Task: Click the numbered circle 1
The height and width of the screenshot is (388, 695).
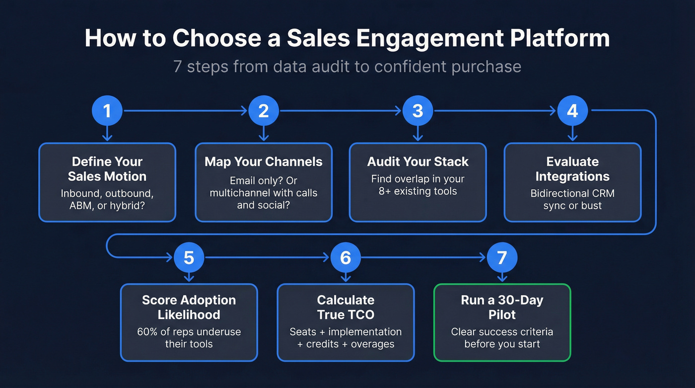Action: [107, 110]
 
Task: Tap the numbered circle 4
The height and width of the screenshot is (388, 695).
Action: [572, 110]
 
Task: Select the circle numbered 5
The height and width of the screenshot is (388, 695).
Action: [189, 257]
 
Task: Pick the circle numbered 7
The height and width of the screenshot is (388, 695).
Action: [502, 257]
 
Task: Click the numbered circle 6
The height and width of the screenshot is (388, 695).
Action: [345, 257]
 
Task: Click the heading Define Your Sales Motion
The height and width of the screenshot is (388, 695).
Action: [107, 169]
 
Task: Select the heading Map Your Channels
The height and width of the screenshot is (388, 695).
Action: [264, 161]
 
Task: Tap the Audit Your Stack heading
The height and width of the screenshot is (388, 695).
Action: [418, 161]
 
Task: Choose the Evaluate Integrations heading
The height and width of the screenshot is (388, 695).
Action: [572, 169]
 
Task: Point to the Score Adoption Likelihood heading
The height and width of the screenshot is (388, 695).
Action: [189, 307]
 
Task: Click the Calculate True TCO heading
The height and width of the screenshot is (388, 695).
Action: [345, 307]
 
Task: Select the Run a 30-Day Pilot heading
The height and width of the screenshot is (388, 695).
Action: [502, 307]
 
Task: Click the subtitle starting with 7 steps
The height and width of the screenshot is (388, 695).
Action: [347, 66]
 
